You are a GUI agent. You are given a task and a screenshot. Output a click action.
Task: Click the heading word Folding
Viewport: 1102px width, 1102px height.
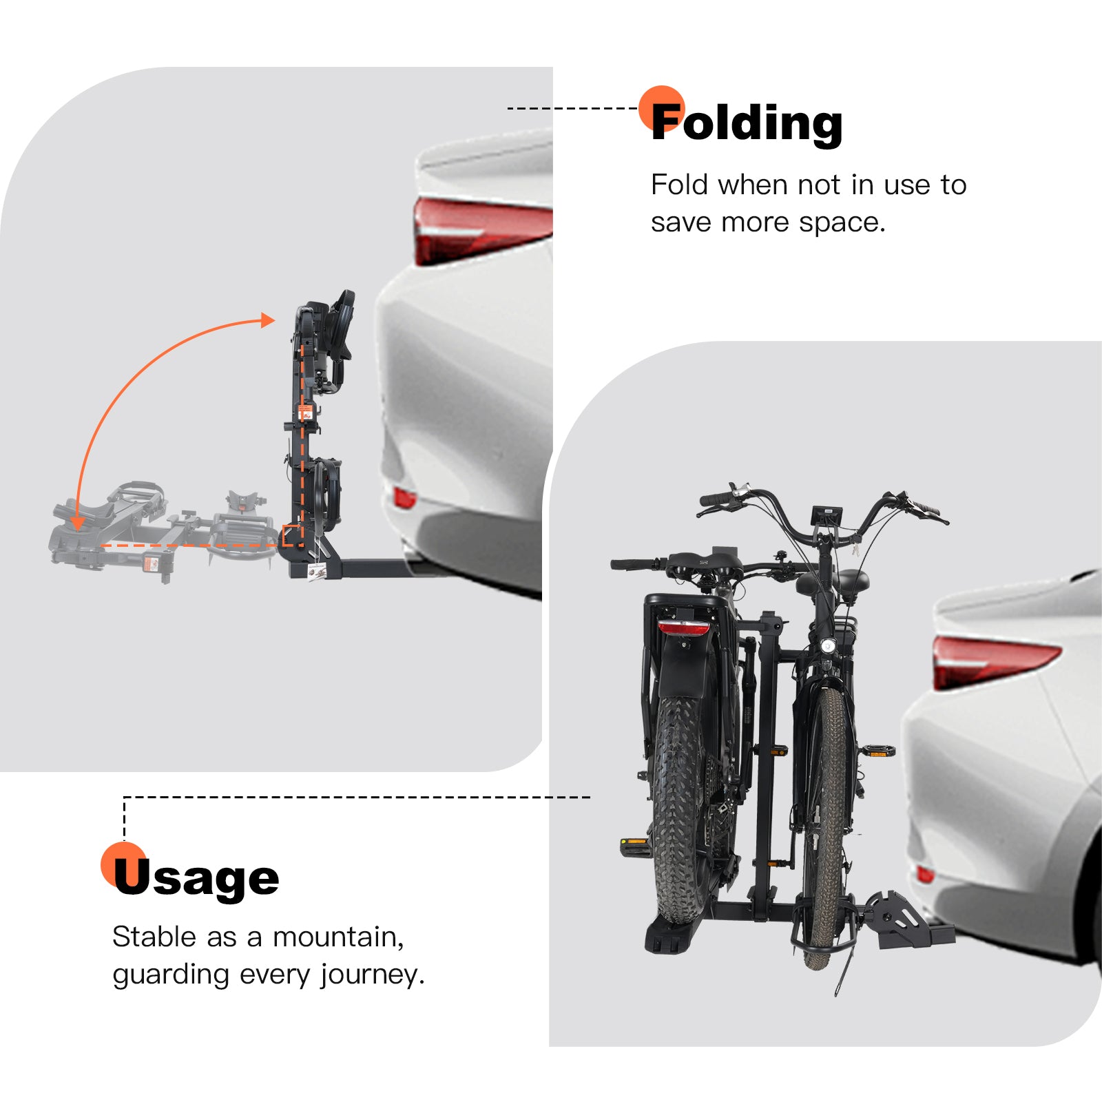(x=747, y=124)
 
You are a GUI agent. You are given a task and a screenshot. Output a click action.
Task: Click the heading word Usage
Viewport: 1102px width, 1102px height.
(x=197, y=878)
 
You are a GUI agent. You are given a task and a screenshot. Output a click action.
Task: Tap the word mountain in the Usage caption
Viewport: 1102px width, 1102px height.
(x=337, y=937)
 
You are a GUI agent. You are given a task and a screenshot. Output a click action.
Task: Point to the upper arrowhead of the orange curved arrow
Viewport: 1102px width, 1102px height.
(x=267, y=320)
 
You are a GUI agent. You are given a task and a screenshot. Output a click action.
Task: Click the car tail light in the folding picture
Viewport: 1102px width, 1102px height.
(x=482, y=229)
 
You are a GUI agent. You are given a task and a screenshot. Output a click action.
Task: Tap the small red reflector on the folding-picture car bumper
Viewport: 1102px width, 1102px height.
(x=404, y=497)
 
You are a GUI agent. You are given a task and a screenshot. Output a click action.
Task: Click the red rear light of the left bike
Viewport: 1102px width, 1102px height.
(x=683, y=627)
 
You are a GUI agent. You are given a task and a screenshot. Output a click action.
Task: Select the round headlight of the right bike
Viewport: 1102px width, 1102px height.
(x=828, y=645)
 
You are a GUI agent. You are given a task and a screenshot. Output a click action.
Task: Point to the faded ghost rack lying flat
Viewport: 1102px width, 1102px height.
(x=158, y=530)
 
